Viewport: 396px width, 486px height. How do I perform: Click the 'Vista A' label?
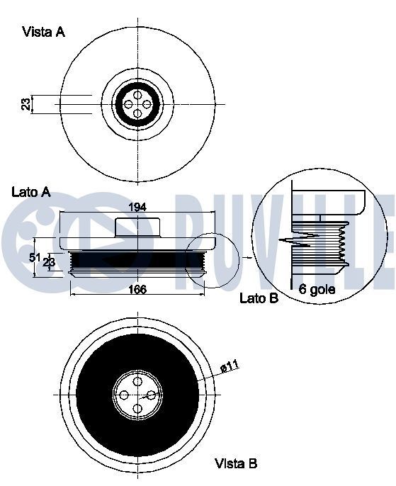43,32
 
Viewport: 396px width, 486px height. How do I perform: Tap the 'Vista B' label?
236,464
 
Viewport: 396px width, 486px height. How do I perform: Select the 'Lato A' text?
31,192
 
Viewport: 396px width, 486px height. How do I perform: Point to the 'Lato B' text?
259,299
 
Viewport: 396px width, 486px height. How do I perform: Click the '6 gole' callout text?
317,289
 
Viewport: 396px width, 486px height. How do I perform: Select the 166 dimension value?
137,289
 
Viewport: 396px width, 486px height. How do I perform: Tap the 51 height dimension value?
33,258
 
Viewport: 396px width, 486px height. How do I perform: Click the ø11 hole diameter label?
230,366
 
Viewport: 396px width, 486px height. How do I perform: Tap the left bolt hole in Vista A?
128,104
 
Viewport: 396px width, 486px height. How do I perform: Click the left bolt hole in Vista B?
125,396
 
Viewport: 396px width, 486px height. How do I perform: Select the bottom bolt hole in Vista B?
137,408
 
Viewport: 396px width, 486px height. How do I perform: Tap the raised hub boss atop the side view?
137,227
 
